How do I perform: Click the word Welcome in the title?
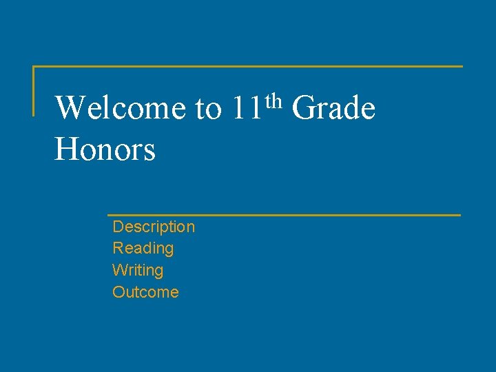click(119, 108)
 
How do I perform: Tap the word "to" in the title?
click(209, 110)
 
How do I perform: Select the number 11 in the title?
click(246, 108)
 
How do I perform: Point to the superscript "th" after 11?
click(273, 101)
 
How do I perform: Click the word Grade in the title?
click(333, 108)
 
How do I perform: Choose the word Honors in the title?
click(105, 149)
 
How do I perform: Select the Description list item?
click(154, 227)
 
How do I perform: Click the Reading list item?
click(143, 248)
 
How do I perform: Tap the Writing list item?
click(138, 270)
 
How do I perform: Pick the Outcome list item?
click(145, 292)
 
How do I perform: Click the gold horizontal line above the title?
click(248, 67)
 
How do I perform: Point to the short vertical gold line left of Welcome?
click(34, 90)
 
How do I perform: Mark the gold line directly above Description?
click(284, 215)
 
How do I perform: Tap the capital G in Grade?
click(303, 108)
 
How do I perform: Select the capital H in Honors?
click(66, 149)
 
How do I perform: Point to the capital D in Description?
click(118, 227)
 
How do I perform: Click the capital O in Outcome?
click(118, 292)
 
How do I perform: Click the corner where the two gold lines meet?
click(34, 67)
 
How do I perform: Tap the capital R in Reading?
click(118, 248)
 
